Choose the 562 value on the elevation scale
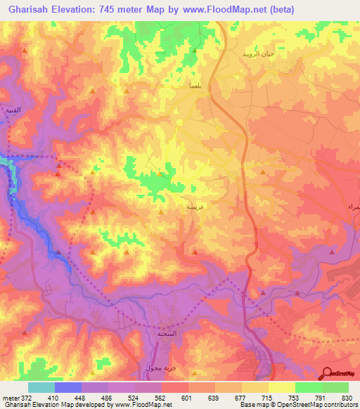pyautogui.click(x=161, y=397)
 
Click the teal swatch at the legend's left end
pyautogui.click(x=41, y=387)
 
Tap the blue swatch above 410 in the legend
pyautogui.click(x=68, y=387)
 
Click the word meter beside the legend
pyautogui.click(x=10, y=397)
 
